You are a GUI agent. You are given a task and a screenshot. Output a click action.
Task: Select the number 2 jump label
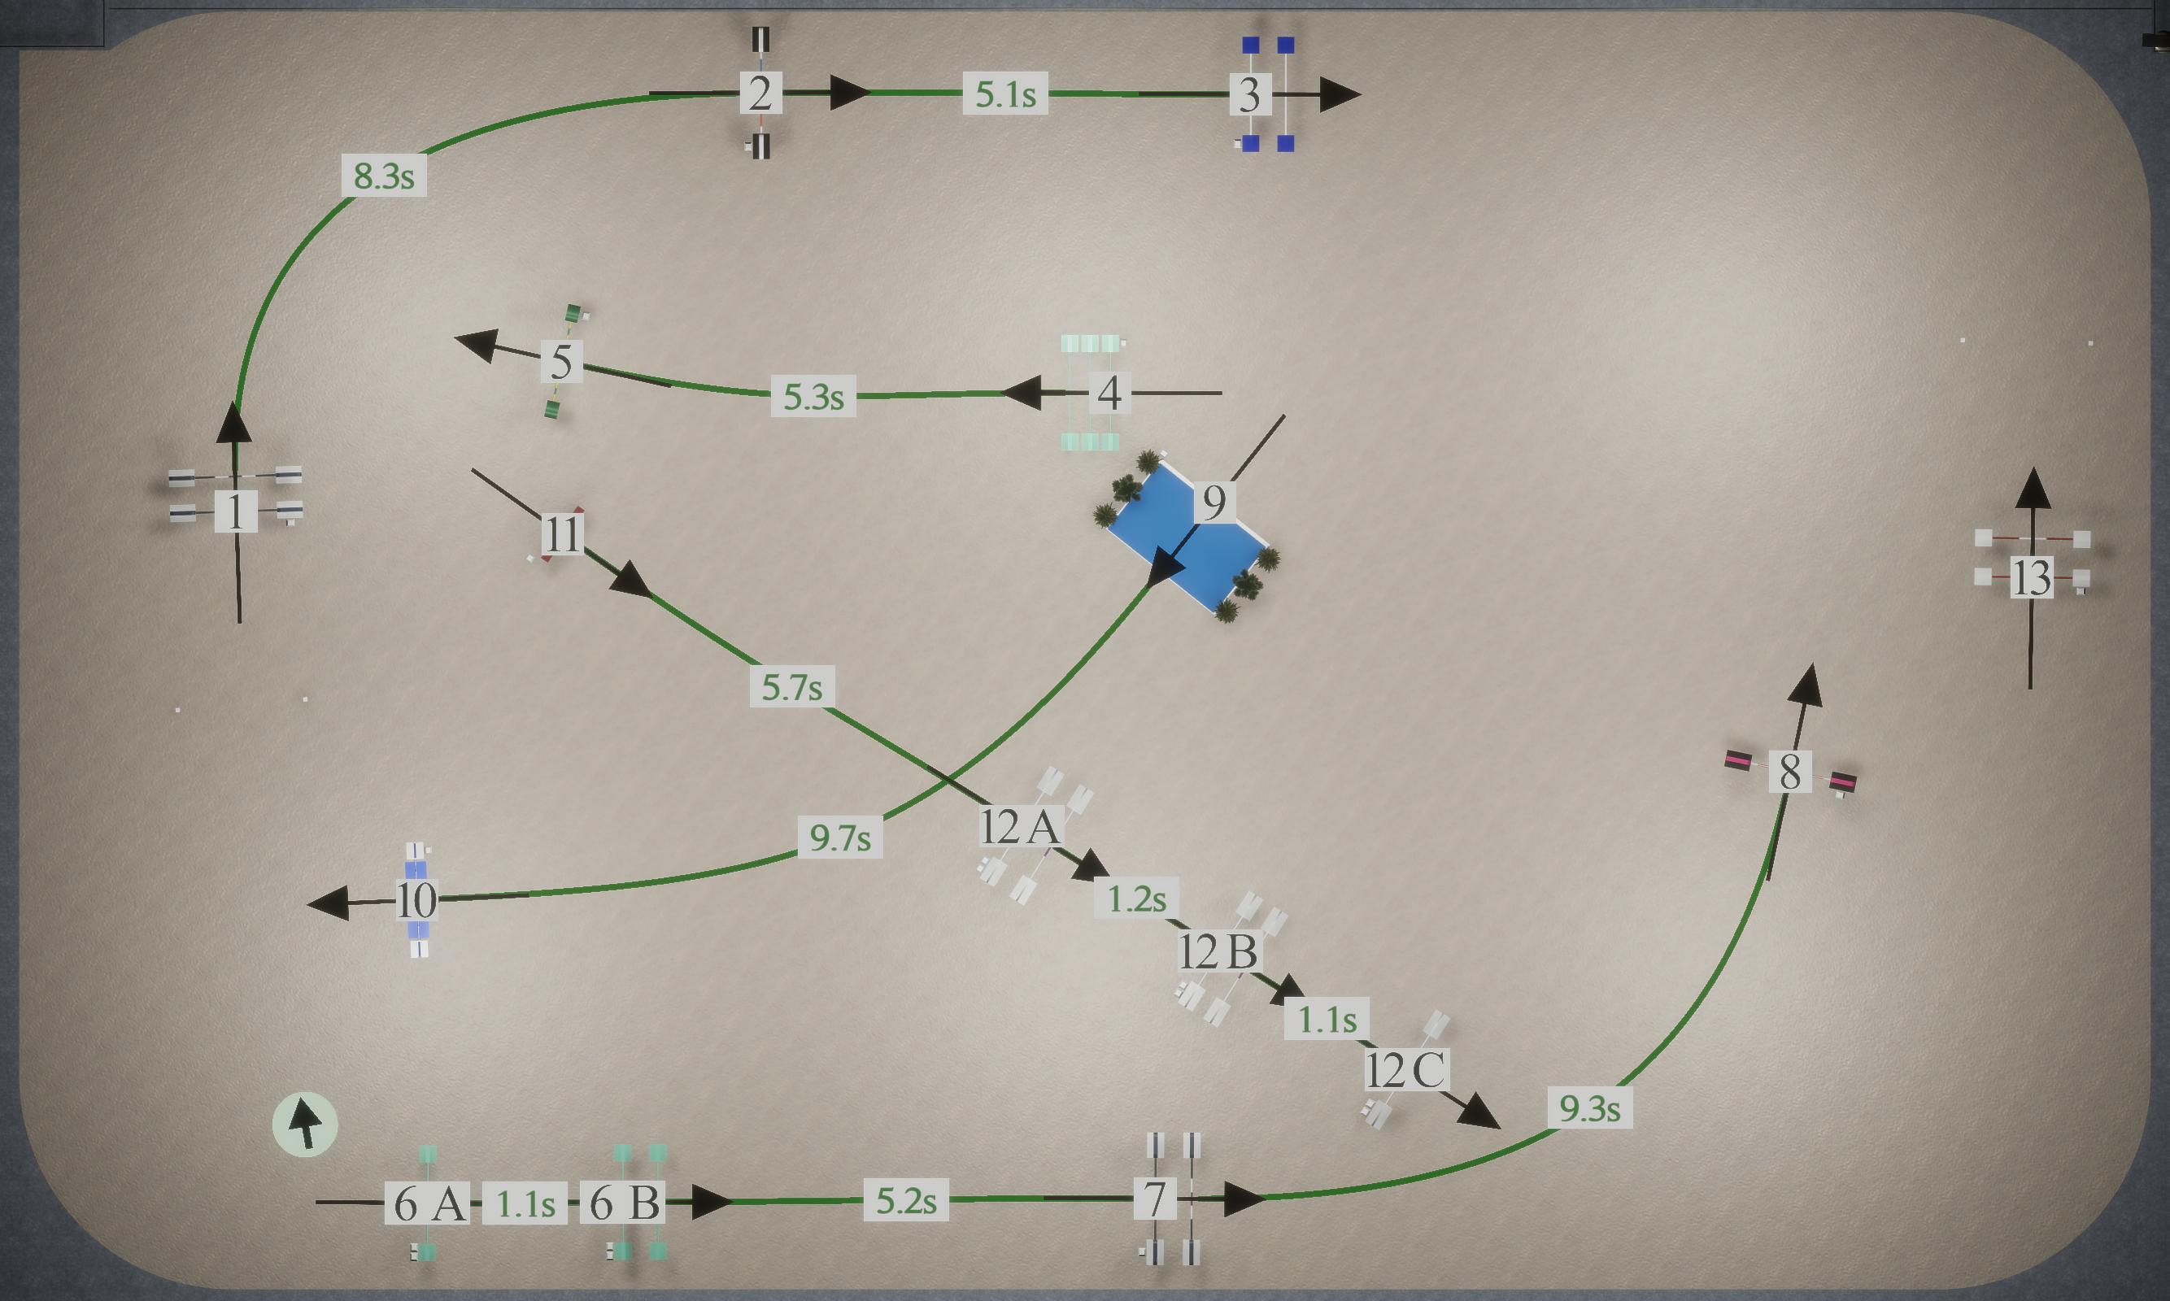tap(760, 94)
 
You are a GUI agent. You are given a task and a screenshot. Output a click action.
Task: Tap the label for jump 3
tap(1250, 94)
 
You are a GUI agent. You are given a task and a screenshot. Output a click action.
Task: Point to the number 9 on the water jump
tap(1214, 503)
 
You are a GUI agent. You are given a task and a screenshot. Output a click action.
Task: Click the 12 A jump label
tap(1022, 827)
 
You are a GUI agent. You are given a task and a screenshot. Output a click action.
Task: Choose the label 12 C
tap(1407, 1069)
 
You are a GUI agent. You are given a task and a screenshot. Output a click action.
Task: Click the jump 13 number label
tap(2032, 578)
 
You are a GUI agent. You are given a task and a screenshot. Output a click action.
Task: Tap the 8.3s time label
tap(384, 176)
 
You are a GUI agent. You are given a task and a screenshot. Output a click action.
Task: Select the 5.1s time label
tap(1005, 94)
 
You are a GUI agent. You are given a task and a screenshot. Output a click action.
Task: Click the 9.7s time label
tap(840, 838)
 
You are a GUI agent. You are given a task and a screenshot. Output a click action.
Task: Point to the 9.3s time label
tap(1589, 1108)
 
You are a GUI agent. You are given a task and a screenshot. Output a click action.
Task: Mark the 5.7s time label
tap(791, 686)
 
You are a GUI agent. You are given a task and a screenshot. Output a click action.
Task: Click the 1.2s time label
tap(1136, 899)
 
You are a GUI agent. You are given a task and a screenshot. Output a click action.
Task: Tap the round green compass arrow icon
tap(305, 1125)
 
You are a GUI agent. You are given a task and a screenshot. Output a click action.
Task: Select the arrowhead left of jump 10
tap(328, 903)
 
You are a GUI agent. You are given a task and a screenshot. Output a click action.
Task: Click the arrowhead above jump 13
tap(2033, 489)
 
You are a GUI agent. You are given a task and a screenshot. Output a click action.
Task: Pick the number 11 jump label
tap(562, 534)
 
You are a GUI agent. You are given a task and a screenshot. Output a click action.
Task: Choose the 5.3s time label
tap(813, 396)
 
